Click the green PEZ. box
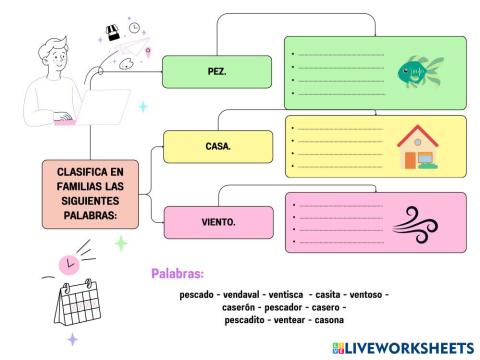tap(217, 71)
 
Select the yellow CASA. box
tap(217, 146)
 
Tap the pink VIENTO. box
tap(217, 221)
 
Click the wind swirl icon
tap(418, 220)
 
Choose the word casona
tap(328, 320)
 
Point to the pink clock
tap(68, 264)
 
